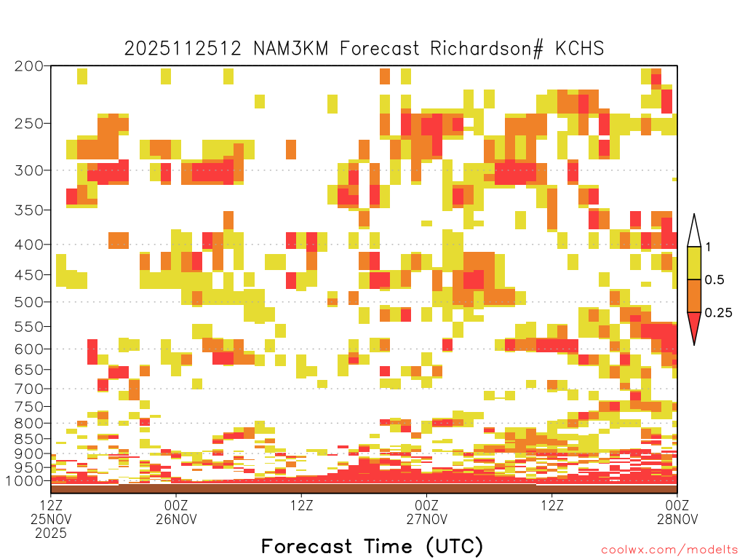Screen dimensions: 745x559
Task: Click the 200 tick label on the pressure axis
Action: tap(28, 66)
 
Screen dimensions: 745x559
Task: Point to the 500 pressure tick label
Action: tap(28, 302)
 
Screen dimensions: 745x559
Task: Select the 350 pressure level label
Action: tap(28, 210)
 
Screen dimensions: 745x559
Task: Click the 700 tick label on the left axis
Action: tap(28, 389)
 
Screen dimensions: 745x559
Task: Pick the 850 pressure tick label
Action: tap(28, 439)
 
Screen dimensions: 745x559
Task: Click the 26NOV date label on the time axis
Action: tap(176, 519)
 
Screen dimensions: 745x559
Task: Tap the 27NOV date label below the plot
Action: tap(426, 519)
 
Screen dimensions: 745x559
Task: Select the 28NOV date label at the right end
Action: tap(677, 519)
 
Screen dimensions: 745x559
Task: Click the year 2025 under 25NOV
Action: tap(51, 534)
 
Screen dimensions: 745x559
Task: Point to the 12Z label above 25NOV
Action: tap(51, 505)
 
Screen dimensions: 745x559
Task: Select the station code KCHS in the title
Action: tap(580, 49)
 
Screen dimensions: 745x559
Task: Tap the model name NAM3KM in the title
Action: tap(291, 49)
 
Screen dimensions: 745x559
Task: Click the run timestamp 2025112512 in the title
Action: tap(183, 49)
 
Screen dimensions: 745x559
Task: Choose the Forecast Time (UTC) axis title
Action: tap(372, 546)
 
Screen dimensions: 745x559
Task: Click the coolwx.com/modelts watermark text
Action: tap(669, 550)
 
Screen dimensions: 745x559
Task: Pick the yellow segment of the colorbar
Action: tap(694, 263)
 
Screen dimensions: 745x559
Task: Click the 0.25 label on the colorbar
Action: tap(718, 313)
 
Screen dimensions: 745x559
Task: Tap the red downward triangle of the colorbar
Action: tap(694, 325)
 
